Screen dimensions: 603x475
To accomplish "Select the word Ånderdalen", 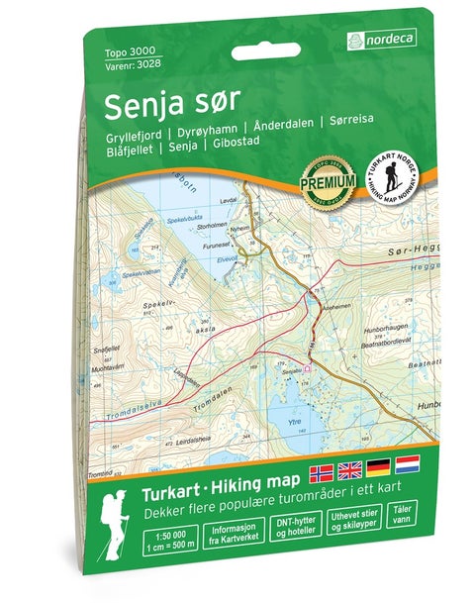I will pos(286,136).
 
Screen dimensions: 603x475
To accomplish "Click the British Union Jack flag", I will pos(351,465).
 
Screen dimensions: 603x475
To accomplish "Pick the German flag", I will pos(380,465).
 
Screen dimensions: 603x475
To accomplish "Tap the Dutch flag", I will pos(408,465).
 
